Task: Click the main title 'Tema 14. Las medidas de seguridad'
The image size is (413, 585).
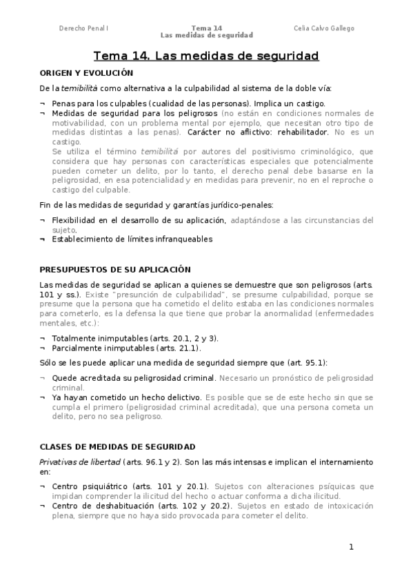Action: coord(206,56)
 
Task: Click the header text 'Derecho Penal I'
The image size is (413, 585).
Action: coord(83,28)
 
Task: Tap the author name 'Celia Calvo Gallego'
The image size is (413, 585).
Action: coord(324,28)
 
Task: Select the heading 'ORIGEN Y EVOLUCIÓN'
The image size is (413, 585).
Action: coord(85,72)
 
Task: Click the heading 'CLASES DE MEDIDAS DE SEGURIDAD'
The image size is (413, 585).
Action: coord(117,446)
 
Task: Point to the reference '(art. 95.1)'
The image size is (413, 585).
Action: coord(307,362)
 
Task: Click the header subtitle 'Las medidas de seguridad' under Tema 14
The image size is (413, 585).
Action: coord(207,35)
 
